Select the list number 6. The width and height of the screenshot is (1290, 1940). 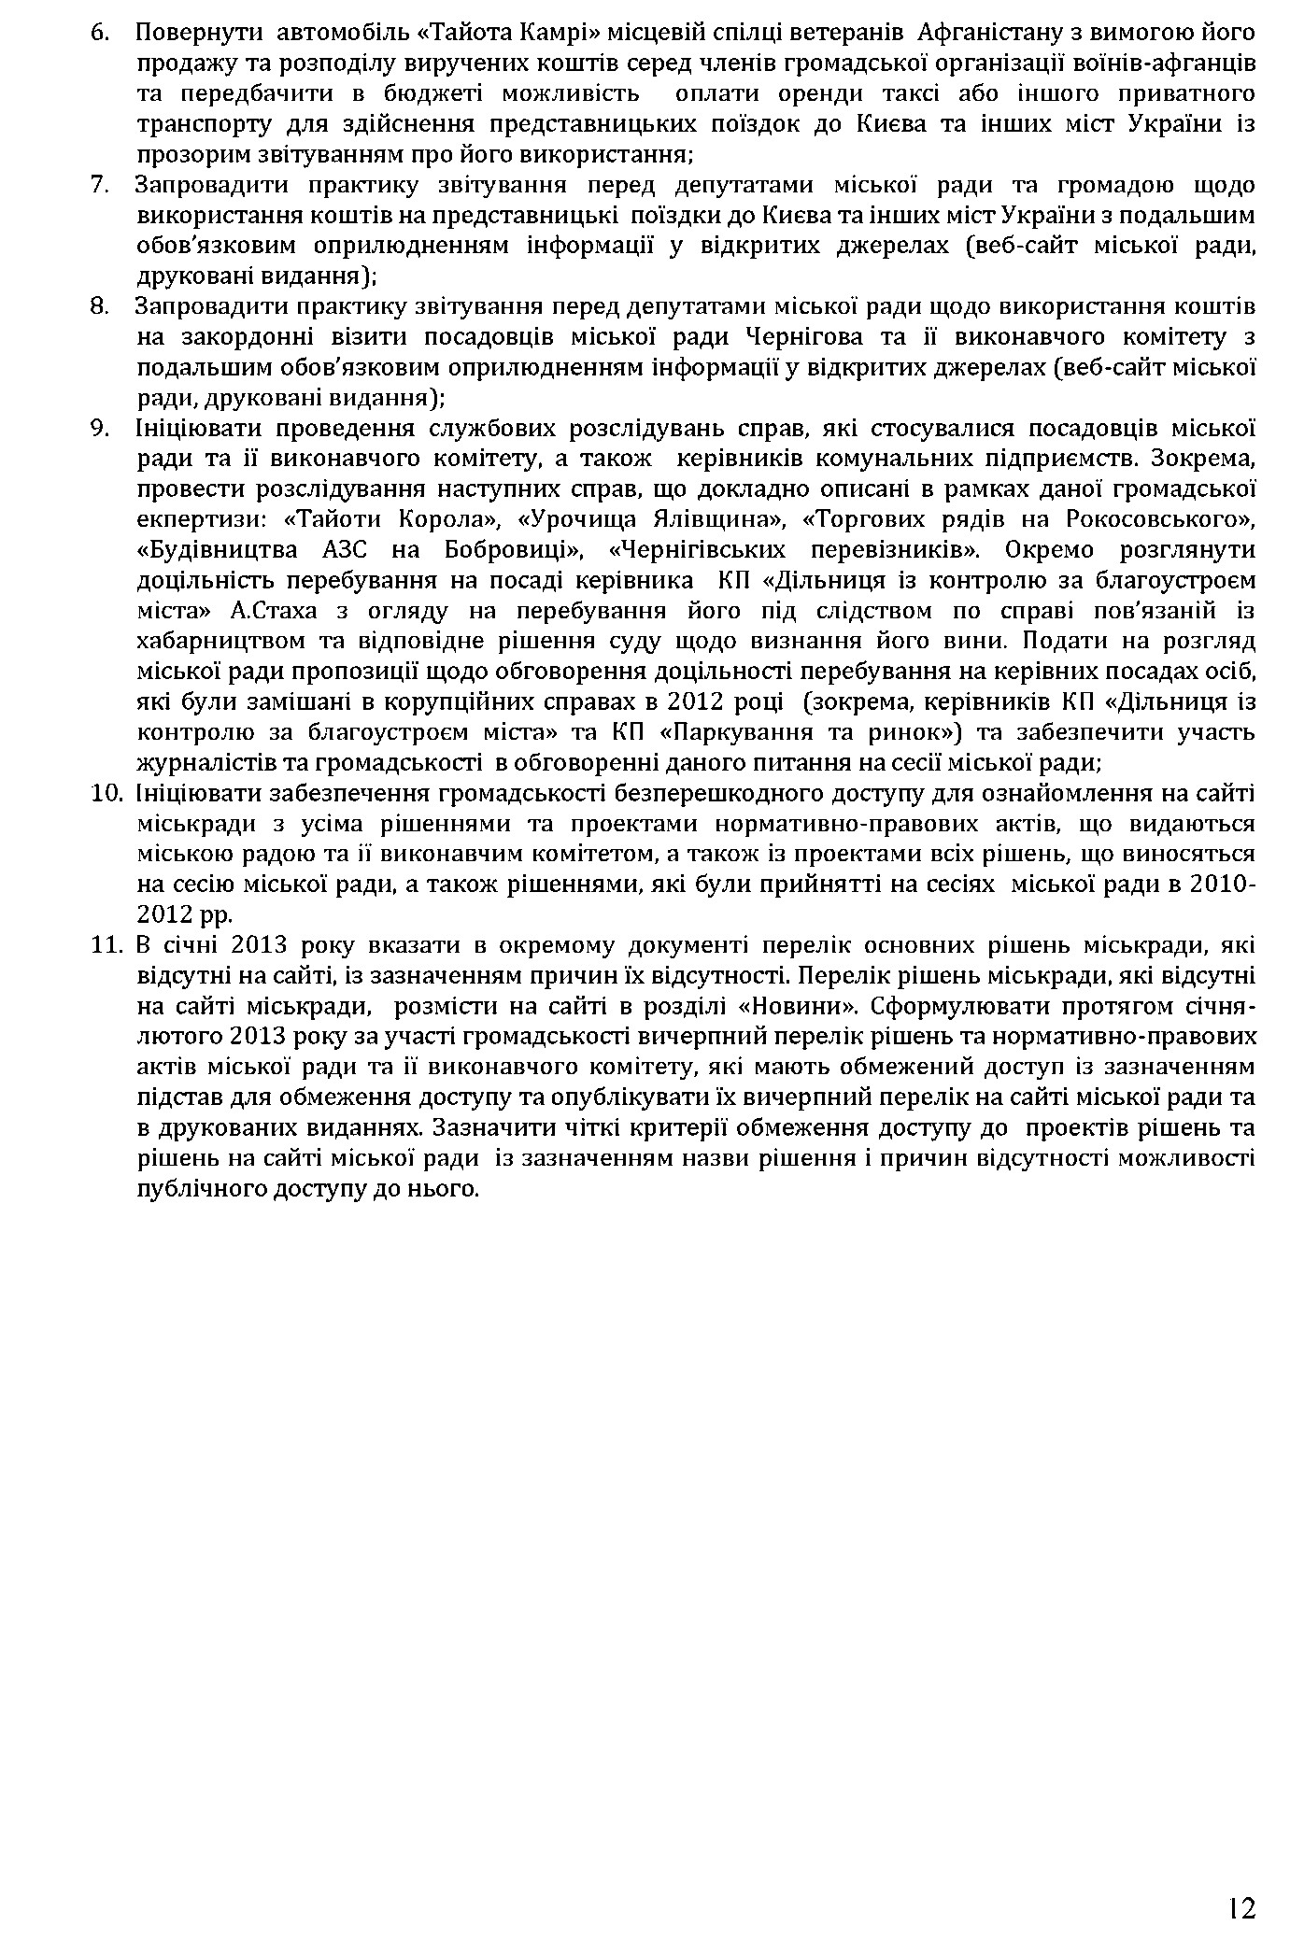tap(100, 33)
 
